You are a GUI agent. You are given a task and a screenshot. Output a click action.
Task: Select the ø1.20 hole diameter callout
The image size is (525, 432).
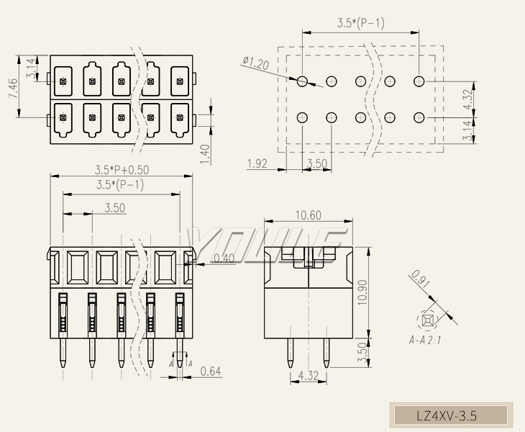point(256,64)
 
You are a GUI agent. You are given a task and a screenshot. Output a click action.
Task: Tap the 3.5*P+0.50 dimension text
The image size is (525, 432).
point(122,170)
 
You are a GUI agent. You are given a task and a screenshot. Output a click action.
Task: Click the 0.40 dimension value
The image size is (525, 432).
point(224,258)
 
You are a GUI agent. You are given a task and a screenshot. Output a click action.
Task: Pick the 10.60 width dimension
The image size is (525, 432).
point(309,215)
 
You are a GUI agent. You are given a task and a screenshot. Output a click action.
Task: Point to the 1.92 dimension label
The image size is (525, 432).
point(257,164)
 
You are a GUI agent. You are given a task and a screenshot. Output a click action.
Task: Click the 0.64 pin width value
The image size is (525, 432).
point(211,372)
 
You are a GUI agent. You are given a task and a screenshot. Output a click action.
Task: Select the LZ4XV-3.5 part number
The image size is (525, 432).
point(447,415)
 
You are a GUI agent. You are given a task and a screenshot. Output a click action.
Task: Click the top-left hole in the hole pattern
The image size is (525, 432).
point(303,81)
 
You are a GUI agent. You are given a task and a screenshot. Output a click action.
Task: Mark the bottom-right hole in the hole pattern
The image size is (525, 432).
point(419,117)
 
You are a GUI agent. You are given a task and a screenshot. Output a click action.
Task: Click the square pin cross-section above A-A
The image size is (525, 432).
point(428,319)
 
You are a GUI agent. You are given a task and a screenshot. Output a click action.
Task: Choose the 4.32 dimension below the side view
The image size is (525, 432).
point(308,375)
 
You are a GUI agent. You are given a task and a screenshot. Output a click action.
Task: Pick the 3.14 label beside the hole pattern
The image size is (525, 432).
point(468,132)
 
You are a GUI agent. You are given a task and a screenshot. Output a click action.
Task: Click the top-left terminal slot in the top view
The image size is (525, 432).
point(63,81)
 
